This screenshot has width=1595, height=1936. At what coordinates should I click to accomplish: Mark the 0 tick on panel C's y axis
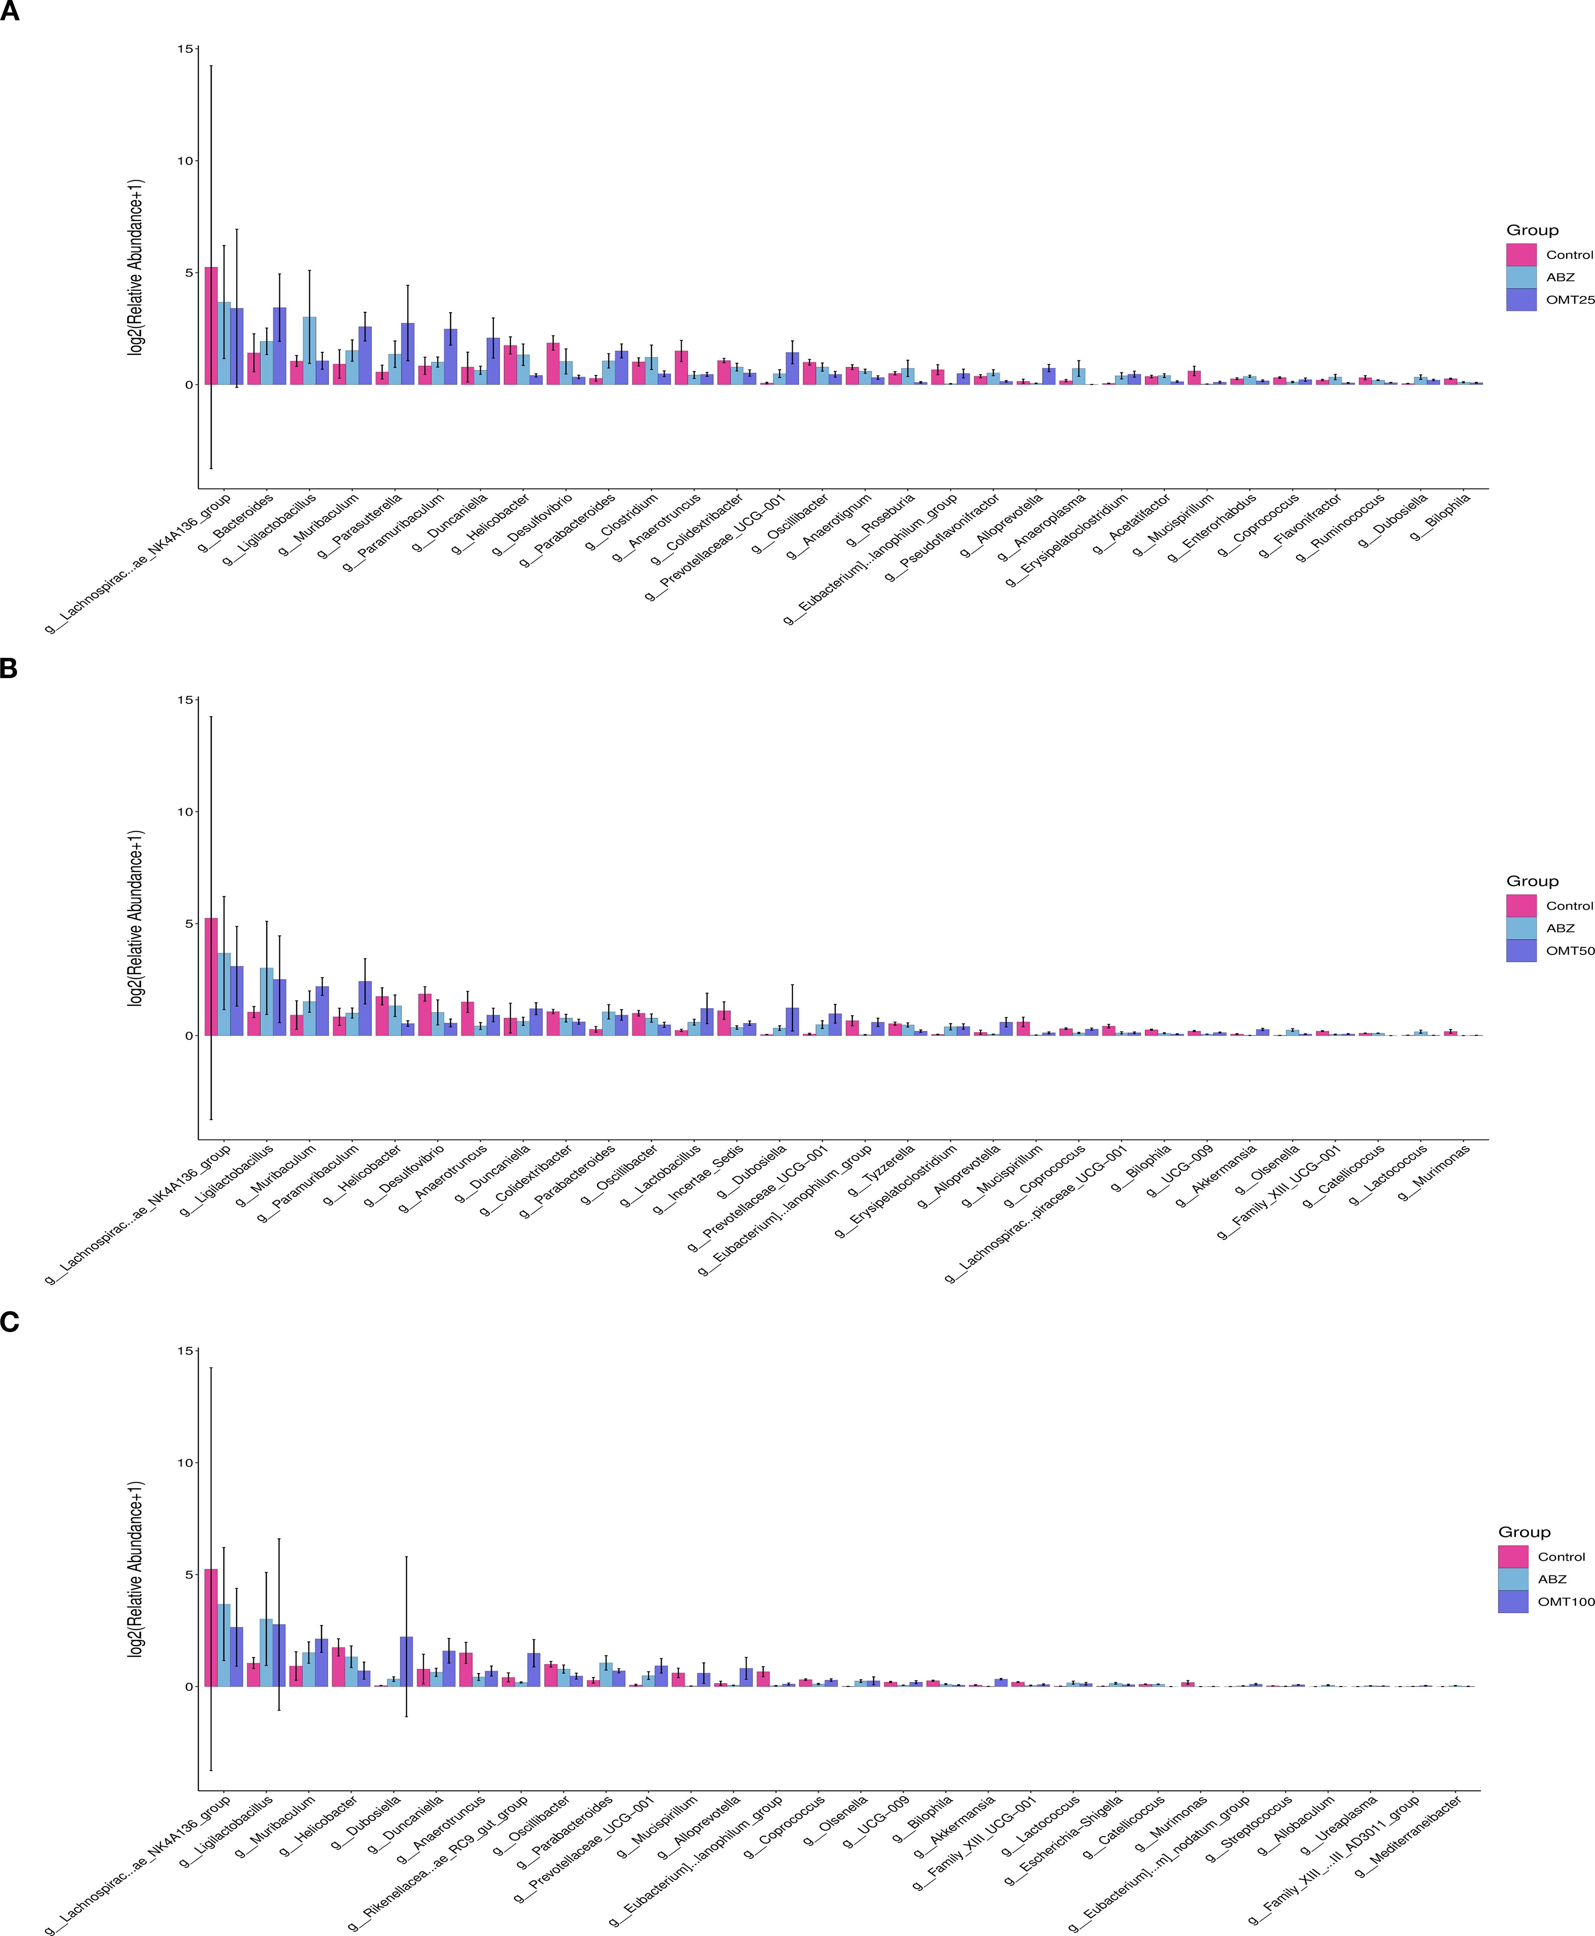189,1686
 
